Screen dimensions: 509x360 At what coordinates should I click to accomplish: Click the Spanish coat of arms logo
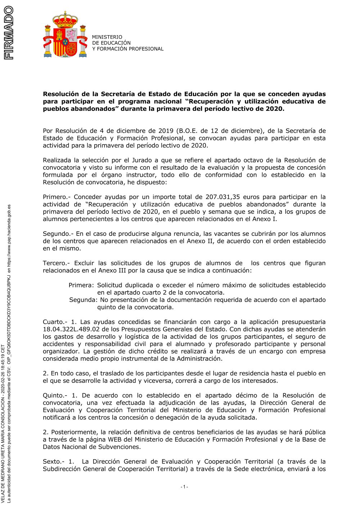[x=65, y=35]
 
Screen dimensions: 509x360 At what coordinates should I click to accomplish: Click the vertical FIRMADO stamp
[x=8, y=33]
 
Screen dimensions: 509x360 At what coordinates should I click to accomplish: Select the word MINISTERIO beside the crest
[x=107, y=37]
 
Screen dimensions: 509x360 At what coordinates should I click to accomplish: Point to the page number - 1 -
[x=184, y=487]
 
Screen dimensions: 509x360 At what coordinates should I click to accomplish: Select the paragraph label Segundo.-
[x=58, y=234]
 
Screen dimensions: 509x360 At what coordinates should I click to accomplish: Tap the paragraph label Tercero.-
[x=57, y=263]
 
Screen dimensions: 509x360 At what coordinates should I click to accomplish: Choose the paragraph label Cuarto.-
[x=55, y=322]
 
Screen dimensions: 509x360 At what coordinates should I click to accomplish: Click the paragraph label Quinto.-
[x=55, y=395]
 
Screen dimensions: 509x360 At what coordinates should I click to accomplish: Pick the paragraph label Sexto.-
[x=54, y=461]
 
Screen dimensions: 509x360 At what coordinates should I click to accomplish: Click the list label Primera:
[x=81, y=285]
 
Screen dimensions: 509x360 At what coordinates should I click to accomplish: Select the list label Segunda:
[x=83, y=300]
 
